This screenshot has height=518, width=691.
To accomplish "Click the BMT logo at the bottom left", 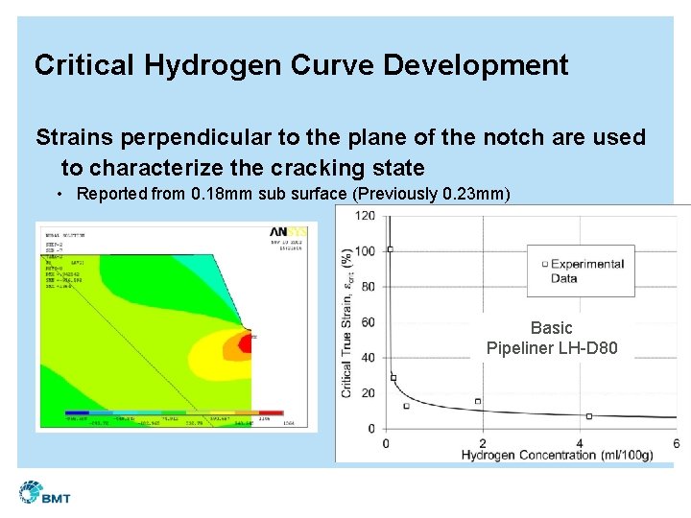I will click(44, 494).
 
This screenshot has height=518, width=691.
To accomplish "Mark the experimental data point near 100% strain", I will click(390, 249).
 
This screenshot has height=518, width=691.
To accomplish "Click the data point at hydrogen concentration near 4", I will click(588, 416).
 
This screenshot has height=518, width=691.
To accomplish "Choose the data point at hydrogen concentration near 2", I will click(478, 401).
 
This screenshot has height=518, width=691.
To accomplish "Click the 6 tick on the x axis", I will click(676, 442).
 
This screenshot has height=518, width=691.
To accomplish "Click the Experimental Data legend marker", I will click(545, 264).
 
